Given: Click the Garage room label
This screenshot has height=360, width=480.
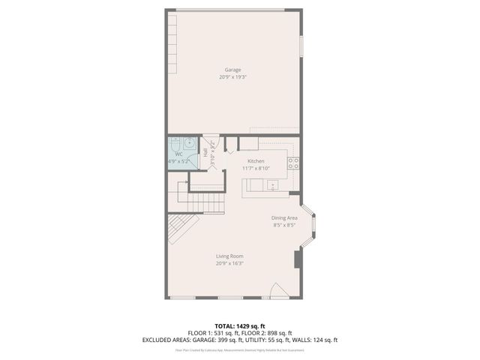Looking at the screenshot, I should (232, 70).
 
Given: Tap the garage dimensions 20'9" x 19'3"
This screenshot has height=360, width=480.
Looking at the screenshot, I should (232, 76).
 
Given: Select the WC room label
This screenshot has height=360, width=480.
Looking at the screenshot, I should (178, 154).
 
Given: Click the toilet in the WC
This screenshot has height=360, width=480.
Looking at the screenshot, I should (175, 142).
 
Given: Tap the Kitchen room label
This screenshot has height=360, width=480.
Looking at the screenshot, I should (256, 161).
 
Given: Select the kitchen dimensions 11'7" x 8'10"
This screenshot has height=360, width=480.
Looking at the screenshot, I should (256, 169).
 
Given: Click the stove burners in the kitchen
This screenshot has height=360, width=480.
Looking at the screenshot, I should (295, 161).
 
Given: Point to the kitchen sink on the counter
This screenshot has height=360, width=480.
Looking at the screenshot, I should (271, 184).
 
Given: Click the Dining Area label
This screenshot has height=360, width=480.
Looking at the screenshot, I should (284, 218).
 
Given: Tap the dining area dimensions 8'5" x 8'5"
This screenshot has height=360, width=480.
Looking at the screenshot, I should (284, 225).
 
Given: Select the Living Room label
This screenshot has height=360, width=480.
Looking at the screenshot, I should (229, 256).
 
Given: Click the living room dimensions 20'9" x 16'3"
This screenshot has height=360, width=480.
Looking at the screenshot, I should (229, 262).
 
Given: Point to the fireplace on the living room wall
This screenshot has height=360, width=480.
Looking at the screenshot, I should (297, 259).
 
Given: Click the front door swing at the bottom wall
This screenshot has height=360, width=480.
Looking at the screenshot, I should (277, 291).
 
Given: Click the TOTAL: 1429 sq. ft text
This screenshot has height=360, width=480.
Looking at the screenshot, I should (240, 325).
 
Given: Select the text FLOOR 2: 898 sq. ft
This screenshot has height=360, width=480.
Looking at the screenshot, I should (265, 332).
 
